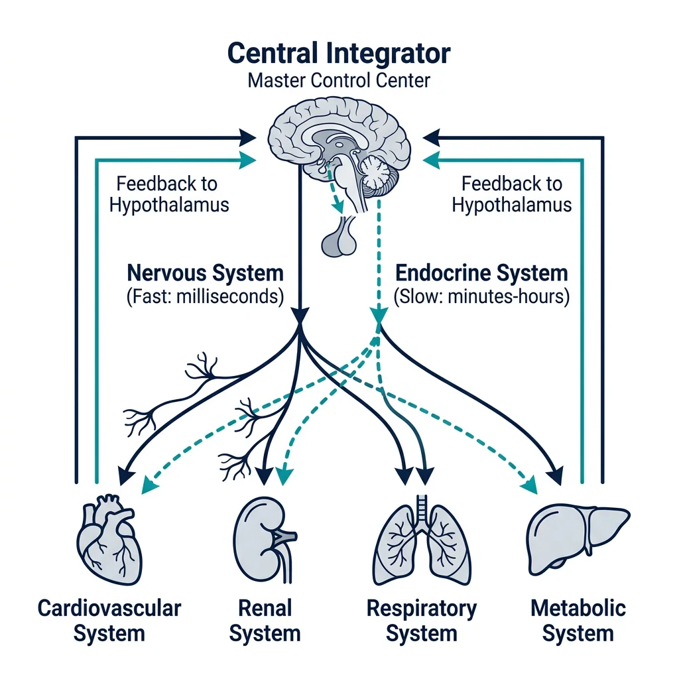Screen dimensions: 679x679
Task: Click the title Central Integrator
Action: tap(339, 53)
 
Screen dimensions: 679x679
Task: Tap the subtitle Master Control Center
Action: tap(339, 81)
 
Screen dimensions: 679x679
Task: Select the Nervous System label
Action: tap(205, 273)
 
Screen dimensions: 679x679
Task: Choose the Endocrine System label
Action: tap(481, 273)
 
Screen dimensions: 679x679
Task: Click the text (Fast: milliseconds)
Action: tap(205, 296)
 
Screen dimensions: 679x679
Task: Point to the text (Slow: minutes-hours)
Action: tap(481, 296)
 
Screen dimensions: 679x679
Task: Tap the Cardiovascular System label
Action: tap(109, 620)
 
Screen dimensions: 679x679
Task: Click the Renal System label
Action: tap(265, 620)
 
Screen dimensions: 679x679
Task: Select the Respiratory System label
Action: tap(422, 620)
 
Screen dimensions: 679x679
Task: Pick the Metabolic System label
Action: tap(578, 620)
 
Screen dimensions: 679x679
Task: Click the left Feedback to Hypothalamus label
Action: tap(168, 194)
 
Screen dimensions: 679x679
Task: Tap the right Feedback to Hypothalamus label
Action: tap(511, 194)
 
